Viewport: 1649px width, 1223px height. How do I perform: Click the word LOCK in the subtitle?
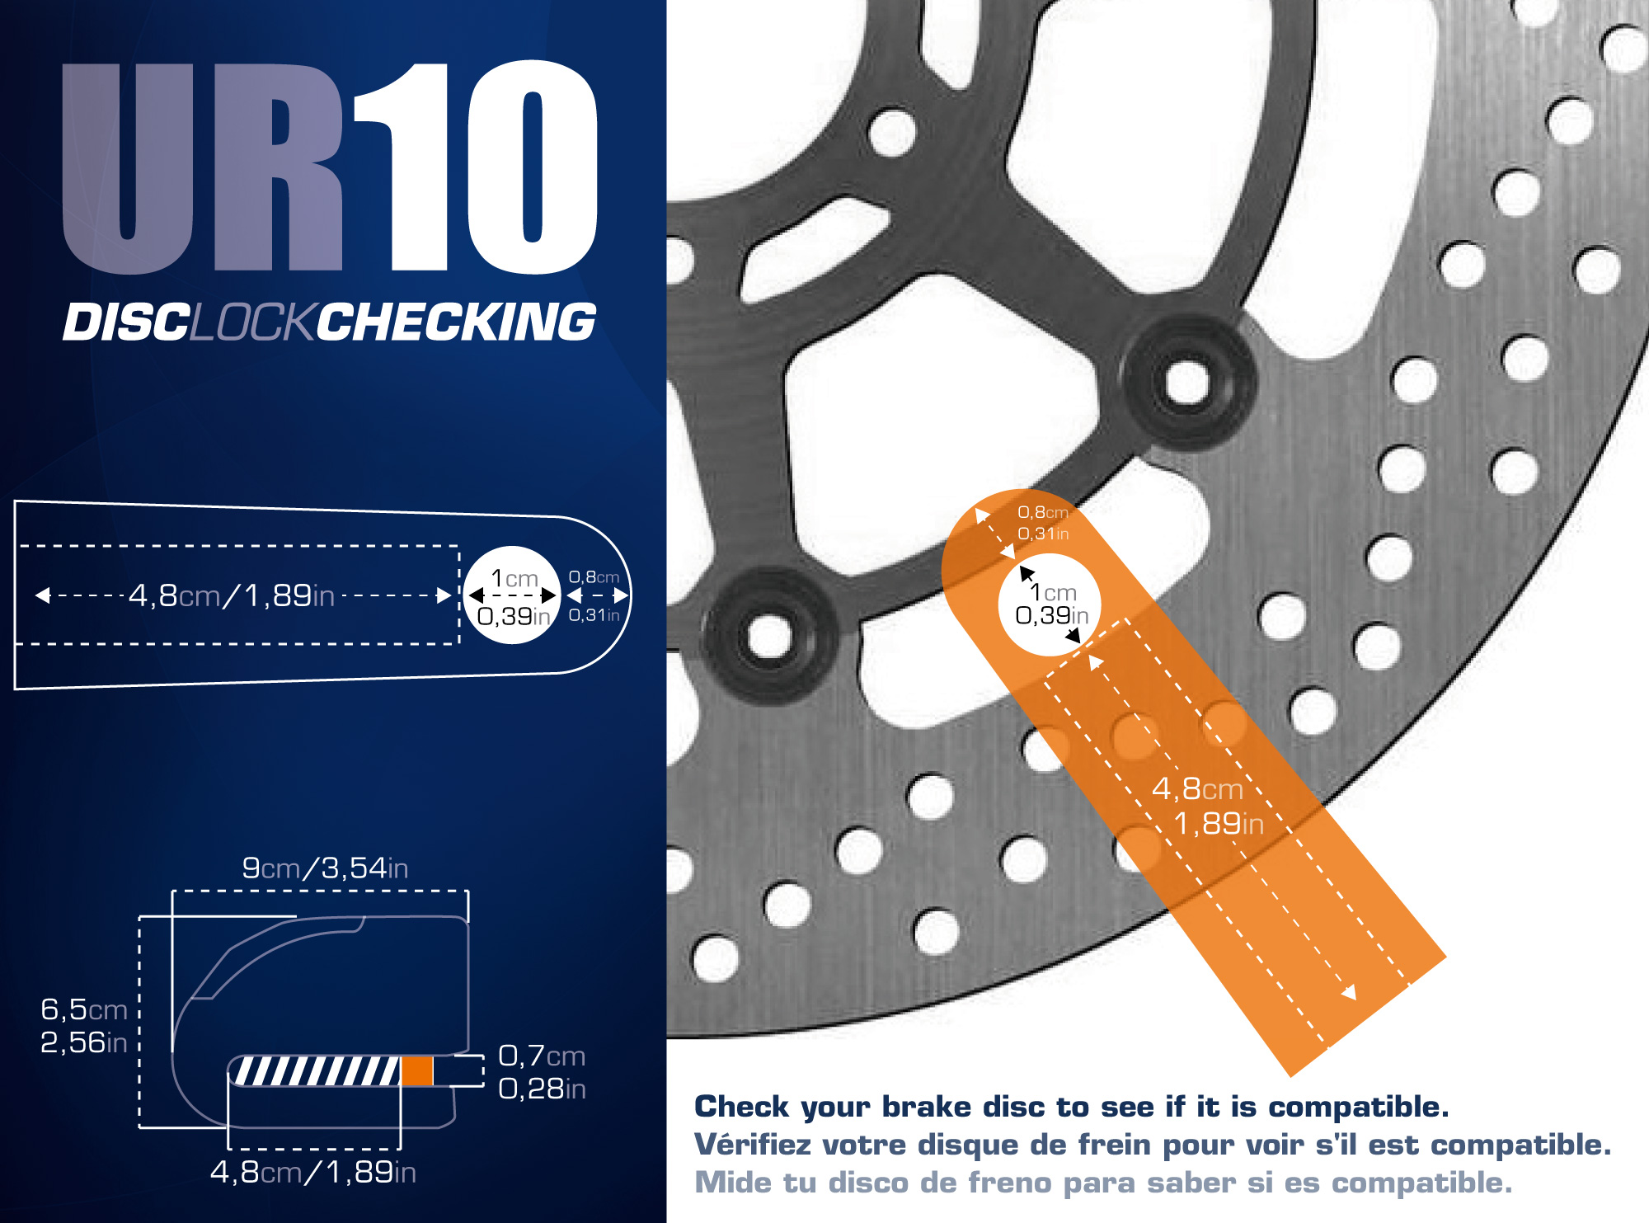[x=252, y=321]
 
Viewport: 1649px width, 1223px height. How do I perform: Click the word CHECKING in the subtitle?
[x=456, y=321]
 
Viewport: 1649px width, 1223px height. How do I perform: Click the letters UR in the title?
[x=202, y=168]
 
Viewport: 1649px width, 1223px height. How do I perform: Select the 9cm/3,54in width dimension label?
[x=325, y=868]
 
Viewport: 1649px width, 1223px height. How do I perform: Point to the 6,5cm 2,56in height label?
[x=84, y=1025]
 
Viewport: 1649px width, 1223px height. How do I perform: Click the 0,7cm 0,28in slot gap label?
[x=542, y=1071]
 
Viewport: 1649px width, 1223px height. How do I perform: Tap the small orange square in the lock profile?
[x=417, y=1070]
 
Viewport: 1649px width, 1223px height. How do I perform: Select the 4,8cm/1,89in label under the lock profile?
[x=313, y=1172]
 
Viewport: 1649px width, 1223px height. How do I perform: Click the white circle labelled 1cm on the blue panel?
[x=513, y=595]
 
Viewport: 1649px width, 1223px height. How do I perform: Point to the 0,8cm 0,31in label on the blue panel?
[x=594, y=595]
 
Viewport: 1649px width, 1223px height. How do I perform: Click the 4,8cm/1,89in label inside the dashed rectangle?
[x=232, y=595]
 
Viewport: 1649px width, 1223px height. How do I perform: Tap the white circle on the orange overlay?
[x=1049, y=604]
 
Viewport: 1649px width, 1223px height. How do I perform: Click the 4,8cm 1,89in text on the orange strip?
[x=1207, y=806]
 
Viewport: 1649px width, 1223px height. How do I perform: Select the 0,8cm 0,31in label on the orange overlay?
[x=1043, y=523]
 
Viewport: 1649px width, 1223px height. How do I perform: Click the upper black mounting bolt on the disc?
[x=1187, y=382]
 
